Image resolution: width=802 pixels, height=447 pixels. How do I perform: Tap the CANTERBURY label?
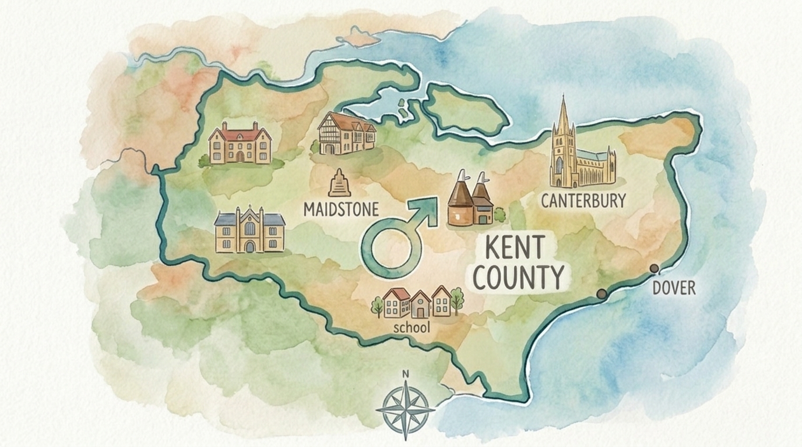[x=583, y=201]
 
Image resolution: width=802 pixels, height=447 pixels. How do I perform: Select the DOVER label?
[x=674, y=288]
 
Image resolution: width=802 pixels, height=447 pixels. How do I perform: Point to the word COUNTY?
[x=518, y=277]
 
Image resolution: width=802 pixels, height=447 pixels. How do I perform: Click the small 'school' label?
[x=411, y=328]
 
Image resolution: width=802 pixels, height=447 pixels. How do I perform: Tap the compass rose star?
[x=406, y=409]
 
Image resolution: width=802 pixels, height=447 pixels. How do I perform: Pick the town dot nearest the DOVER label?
[x=654, y=268]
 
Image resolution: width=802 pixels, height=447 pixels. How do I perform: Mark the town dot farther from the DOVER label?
[x=601, y=294]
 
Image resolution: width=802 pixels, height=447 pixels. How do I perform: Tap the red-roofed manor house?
[x=240, y=143]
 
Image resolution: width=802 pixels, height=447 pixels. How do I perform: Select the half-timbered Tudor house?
[x=346, y=134]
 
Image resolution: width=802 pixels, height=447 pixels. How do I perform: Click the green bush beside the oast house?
[x=500, y=215]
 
